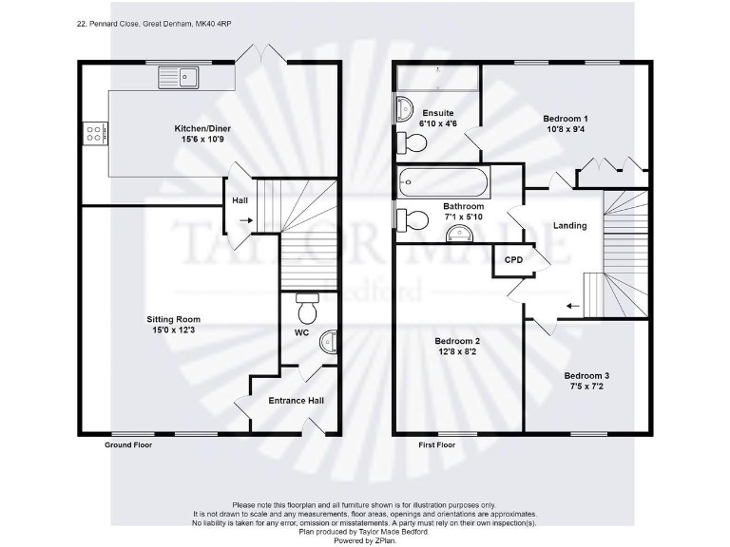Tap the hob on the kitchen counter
(x=95, y=134)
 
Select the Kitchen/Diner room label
(x=202, y=128)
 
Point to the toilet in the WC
(x=307, y=311)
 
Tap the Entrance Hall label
(x=296, y=401)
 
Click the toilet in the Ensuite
(x=414, y=142)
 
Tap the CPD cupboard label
(x=513, y=259)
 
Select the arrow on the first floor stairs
(x=572, y=306)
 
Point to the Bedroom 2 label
(x=457, y=341)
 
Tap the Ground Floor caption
(x=126, y=444)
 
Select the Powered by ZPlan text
(x=364, y=539)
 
